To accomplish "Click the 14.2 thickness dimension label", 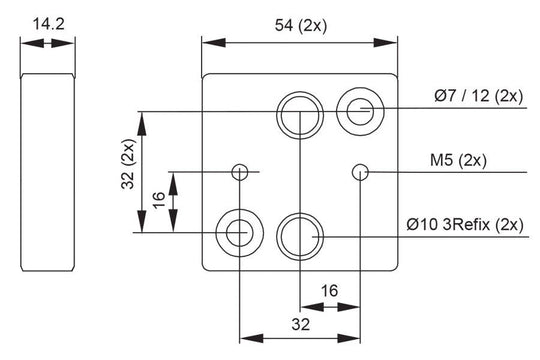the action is point(49,24).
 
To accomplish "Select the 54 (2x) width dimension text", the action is point(301,25).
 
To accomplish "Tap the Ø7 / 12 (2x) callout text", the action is point(479,95).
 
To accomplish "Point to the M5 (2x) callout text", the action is point(458,160).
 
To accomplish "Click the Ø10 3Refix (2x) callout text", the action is point(465,225).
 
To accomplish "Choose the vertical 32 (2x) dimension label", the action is point(128,164).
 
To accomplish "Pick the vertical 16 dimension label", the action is point(159,200).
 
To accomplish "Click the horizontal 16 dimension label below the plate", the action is point(330,291).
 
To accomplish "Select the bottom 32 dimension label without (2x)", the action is point(301,324).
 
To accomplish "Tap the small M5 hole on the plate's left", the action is point(239,172).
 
